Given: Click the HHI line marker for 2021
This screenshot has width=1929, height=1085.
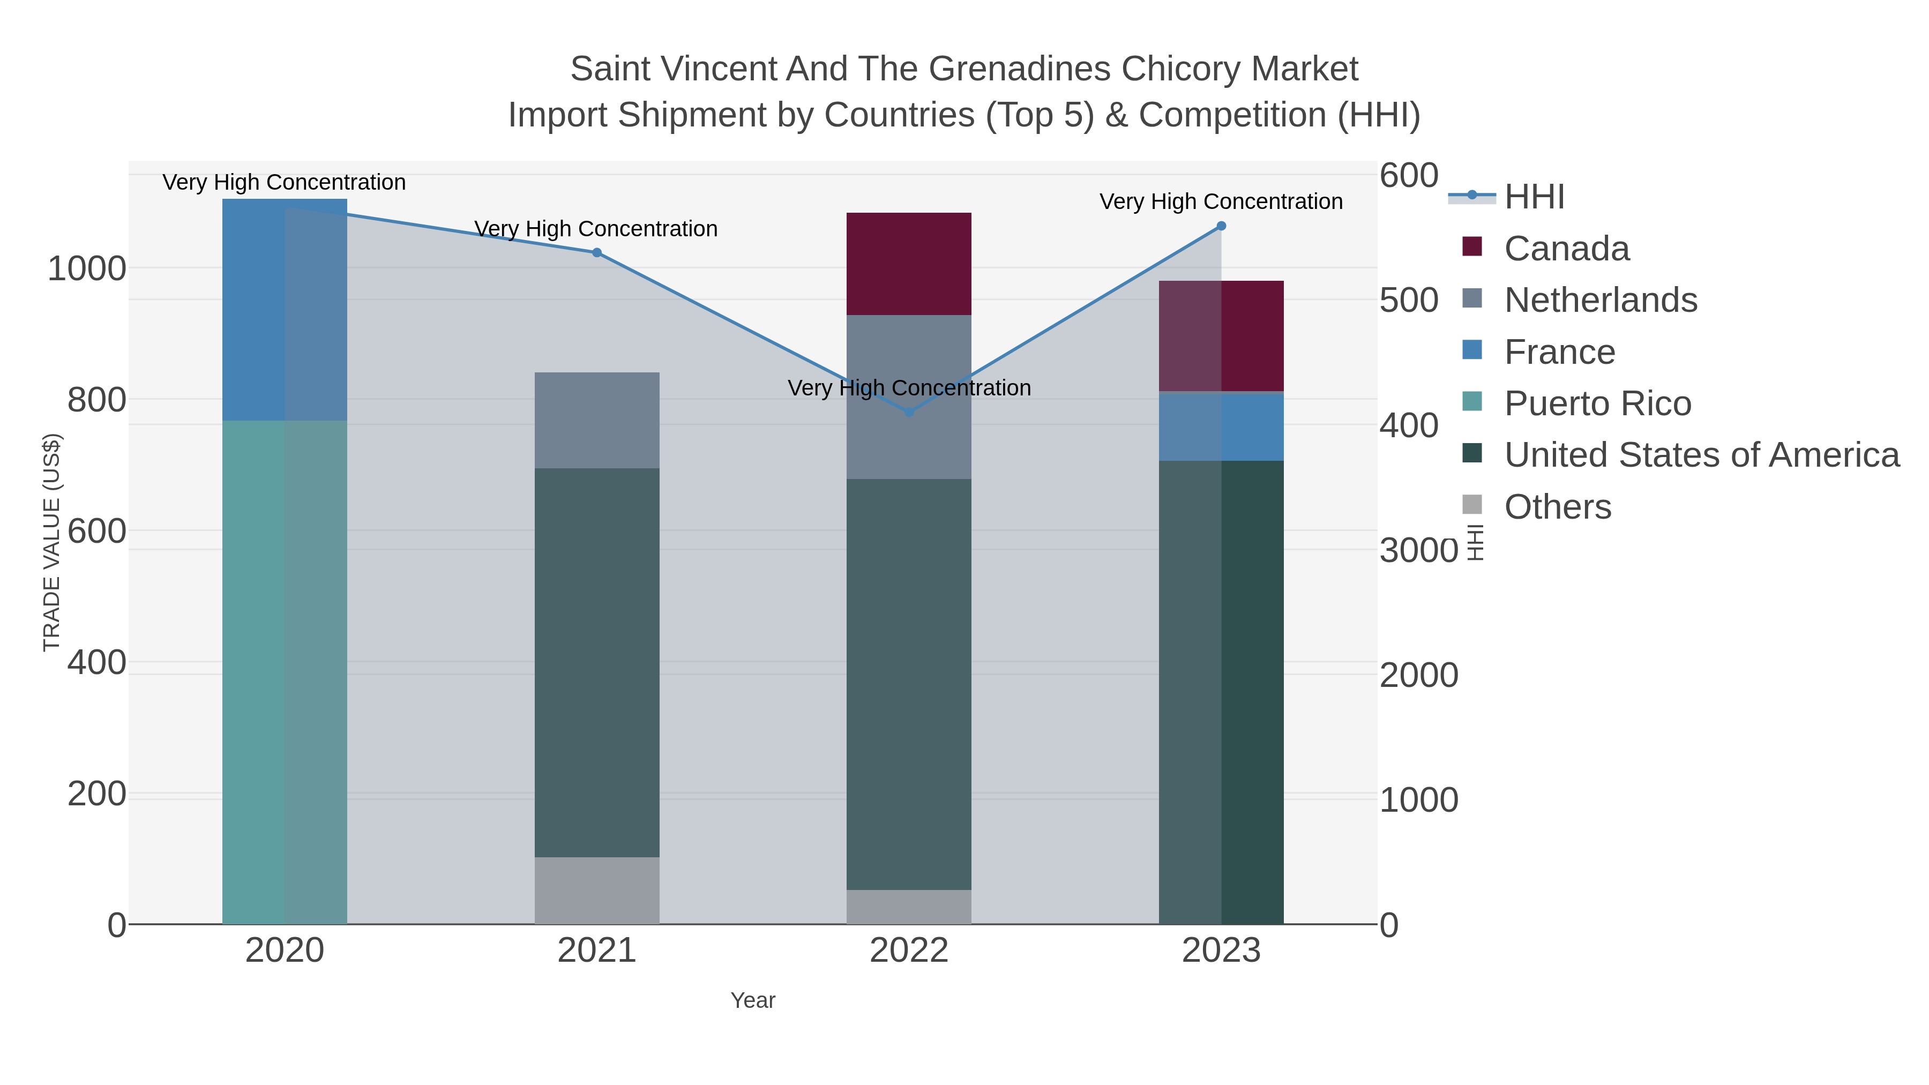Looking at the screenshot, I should pyautogui.click(x=597, y=253).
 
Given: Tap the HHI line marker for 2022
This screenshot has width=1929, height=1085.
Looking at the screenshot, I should pyautogui.click(x=909, y=412).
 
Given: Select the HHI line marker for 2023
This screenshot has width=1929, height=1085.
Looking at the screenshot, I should pyautogui.click(x=1221, y=226).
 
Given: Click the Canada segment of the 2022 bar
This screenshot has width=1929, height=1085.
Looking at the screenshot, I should pyautogui.click(x=909, y=264).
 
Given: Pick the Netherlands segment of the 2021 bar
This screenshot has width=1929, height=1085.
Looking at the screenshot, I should pyautogui.click(x=597, y=420).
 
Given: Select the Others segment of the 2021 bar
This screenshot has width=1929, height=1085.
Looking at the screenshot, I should pyautogui.click(x=597, y=891).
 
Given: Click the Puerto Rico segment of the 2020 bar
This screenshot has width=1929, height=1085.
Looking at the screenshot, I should pyautogui.click(x=285, y=672).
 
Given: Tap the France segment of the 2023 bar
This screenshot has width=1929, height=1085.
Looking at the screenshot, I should pyautogui.click(x=1221, y=426).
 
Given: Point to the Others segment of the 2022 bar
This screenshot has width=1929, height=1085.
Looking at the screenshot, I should pyautogui.click(x=909, y=907).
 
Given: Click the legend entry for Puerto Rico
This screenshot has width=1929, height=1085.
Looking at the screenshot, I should pyautogui.click(x=1597, y=403).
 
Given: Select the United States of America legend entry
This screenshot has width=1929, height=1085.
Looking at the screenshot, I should pyautogui.click(x=1701, y=455).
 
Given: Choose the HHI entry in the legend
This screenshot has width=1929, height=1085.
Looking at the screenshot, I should pyautogui.click(x=1535, y=197).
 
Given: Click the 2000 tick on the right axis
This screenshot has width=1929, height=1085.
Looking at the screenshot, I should pyautogui.click(x=1419, y=676).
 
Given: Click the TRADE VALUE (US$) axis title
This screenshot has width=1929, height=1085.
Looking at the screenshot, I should pyautogui.click(x=51, y=542).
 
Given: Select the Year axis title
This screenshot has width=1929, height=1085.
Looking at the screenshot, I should pyautogui.click(x=753, y=1000).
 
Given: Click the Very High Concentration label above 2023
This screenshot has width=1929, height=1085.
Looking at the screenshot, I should pyautogui.click(x=1221, y=201).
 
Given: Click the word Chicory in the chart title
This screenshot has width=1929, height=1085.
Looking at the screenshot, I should pyautogui.click(x=1179, y=69).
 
